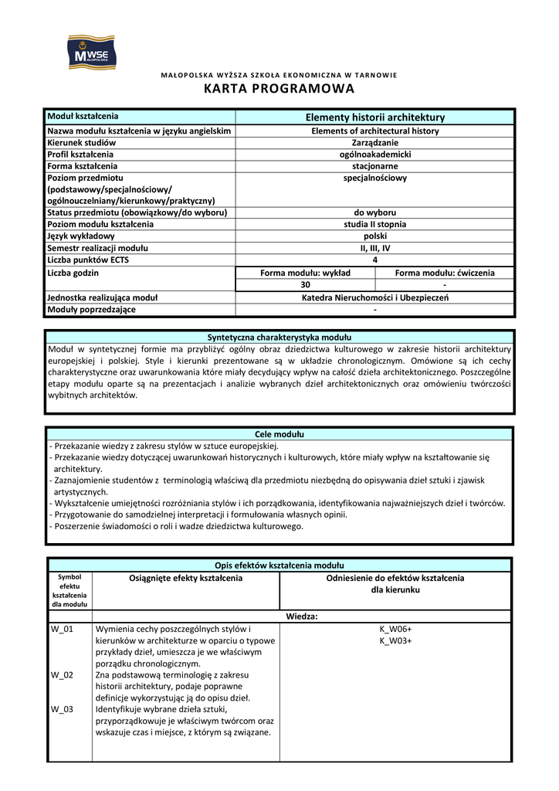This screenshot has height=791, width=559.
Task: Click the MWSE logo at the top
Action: coord(90,51)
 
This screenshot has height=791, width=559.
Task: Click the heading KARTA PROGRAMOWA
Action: coord(279,89)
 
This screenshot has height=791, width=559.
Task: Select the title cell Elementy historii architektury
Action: coord(375,117)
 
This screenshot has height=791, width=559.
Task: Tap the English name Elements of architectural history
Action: coord(375,131)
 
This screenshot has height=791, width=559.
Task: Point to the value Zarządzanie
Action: coord(375,143)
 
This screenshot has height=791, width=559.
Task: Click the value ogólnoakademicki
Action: coord(375,154)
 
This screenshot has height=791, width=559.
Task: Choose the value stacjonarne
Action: coord(375,166)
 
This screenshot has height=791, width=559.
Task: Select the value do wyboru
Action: coord(375,212)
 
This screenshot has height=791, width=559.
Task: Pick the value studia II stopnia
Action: coord(375,224)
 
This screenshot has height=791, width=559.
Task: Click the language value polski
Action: coord(375,236)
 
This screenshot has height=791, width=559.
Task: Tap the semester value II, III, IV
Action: coord(375,248)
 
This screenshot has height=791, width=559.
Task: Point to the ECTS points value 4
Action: coord(375,260)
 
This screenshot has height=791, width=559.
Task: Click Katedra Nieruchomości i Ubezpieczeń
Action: coord(375,297)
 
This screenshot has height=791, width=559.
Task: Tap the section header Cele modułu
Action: coord(279,434)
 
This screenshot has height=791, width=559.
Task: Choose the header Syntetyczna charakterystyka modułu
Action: coord(279,338)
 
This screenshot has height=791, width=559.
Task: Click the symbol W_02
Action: coord(62,675)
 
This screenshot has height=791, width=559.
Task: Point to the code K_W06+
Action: coord(395,630)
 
